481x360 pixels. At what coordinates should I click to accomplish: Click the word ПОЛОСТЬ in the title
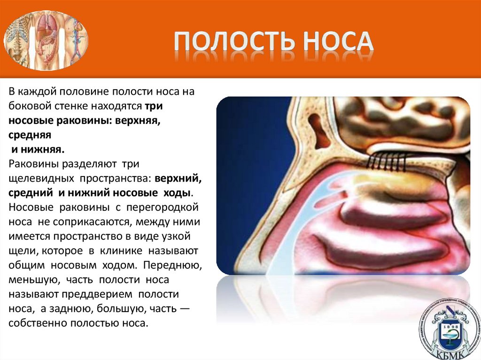[x=230, y=41]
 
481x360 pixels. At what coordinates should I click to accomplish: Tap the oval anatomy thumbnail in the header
[x=46, y=40]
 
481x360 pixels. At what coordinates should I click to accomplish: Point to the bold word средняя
[x=29, y=135]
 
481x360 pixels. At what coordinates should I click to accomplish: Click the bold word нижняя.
[x=43, y=150]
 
